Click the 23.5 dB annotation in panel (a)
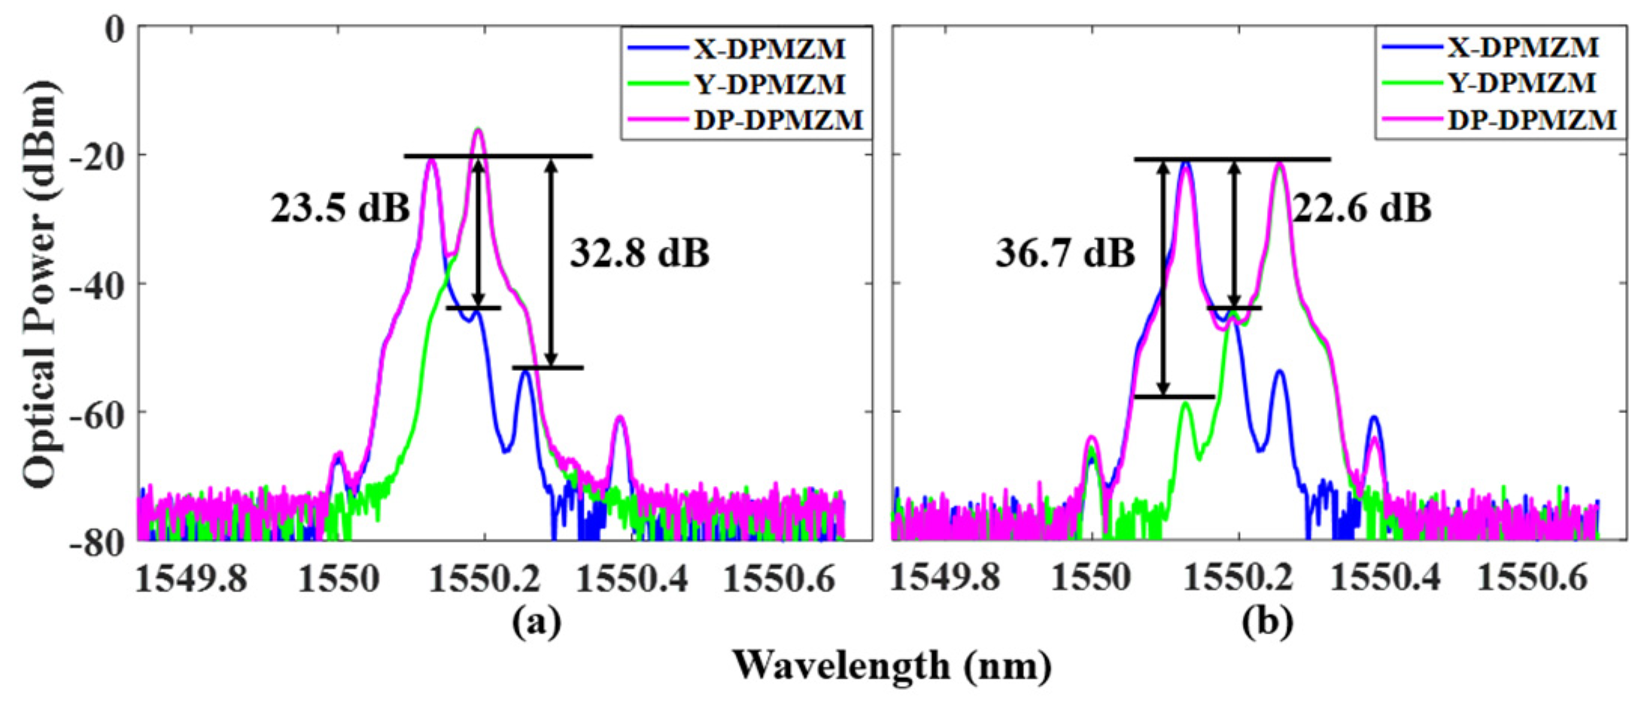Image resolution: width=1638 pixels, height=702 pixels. tap(340, 208)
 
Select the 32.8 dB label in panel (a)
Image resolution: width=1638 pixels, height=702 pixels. tap(640, 254)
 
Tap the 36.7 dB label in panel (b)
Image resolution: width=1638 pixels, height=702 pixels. tap(1065, 254)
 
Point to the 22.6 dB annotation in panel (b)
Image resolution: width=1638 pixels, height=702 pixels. tap(1362, 208)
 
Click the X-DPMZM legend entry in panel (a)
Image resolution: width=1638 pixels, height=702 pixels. tap(768, 50)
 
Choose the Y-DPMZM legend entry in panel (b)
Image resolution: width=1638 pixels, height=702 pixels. tap(1521, 83)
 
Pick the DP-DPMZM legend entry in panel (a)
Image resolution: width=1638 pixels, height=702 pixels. tap(777, 119)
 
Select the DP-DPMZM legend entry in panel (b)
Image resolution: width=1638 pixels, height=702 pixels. tap(1531, 119)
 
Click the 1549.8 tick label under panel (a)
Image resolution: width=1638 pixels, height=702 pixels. tap(192, 579)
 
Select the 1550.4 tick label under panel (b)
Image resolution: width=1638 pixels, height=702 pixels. tap(1383, 579)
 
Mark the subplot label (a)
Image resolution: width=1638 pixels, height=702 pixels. tap(536, 623)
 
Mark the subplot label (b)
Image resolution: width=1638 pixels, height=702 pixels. tap(1268, 623)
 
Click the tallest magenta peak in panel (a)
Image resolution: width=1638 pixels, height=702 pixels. tap(478, 131)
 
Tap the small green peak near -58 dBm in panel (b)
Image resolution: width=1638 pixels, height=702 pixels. tap(1186, 404)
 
